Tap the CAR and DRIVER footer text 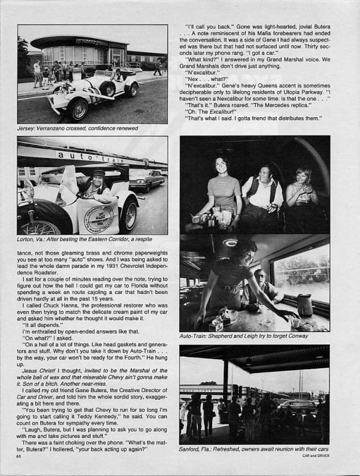pyautogui.click(x=315, y=456)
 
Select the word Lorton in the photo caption pyautogui.click(x=27, y=239)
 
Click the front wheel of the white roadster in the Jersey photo pyautogui.click(x=77, y=109)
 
